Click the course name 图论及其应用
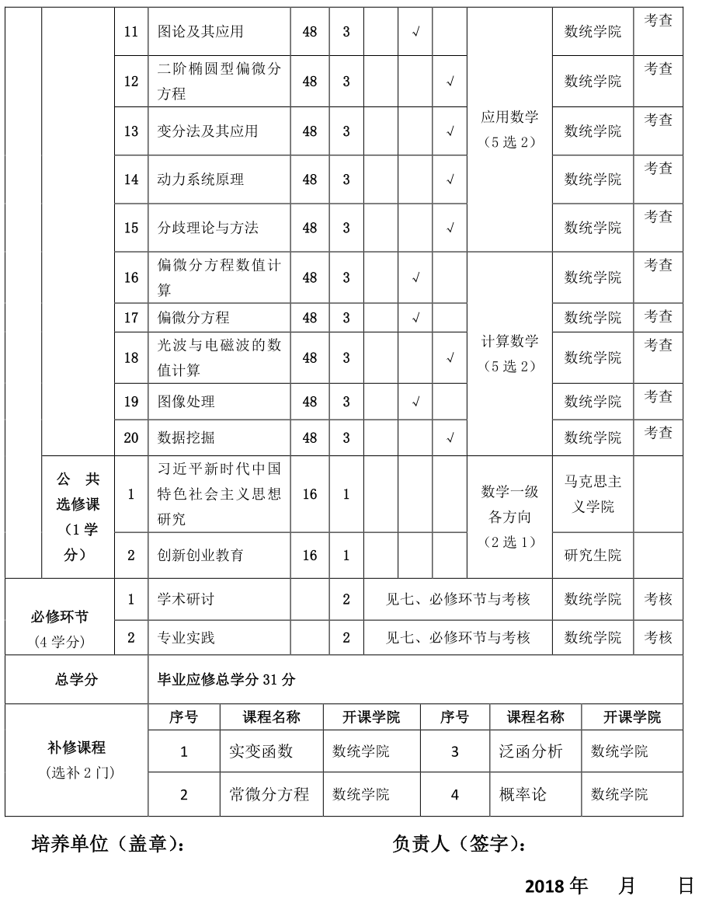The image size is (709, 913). (200, 32)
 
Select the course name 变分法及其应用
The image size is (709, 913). (207, 131)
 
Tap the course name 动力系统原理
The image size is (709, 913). (200, 179)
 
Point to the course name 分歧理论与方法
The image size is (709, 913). (207, 228)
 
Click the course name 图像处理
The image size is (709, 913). (186, 402)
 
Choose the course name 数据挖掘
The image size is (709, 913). (186, 438)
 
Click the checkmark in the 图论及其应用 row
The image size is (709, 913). (415, 33)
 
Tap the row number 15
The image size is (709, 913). (131, 228)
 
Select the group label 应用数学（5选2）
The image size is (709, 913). (509, 130)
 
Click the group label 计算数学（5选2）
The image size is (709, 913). (509, 354)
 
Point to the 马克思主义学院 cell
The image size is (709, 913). (593, 494)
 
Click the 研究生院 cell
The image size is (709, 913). (593, 556)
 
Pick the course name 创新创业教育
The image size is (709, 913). (200, 556)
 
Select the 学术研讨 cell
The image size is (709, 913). (186, 599)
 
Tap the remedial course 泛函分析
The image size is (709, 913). (531, 751)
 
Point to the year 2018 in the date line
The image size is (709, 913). (546, 887)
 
